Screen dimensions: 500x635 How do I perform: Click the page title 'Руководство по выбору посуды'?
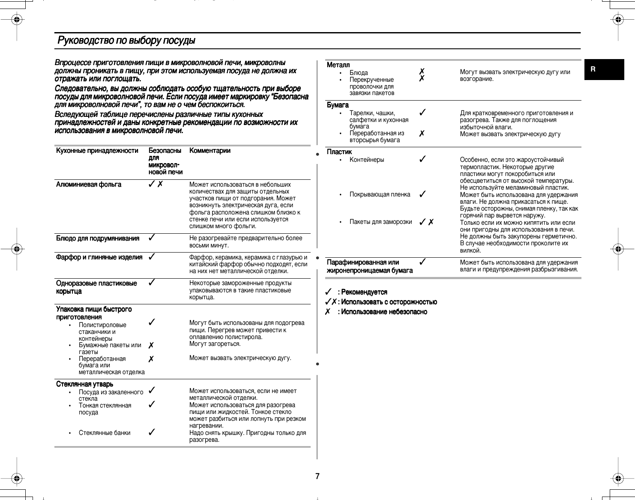coord(126,41)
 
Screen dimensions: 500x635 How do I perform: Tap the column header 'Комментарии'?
coord(210,151)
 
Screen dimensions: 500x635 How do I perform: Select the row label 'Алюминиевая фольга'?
coord(89,185)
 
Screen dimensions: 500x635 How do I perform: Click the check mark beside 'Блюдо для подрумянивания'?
coord(151,238)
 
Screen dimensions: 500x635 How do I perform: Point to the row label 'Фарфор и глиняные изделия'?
coord(99,257)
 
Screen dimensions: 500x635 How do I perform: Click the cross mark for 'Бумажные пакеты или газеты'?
coord(151,345)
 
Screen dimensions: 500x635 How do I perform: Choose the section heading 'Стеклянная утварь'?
coord(84,384)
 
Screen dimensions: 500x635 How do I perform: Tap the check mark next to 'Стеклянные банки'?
coord(151,432)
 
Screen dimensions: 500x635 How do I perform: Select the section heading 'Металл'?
coord(338,65)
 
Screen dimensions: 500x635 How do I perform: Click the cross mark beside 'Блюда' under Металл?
coord(422,71)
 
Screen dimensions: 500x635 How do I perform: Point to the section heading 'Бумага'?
coord(338,105)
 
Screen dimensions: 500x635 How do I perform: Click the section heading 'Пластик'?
coord(339,152)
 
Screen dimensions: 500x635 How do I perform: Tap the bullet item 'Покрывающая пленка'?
coord(380,194)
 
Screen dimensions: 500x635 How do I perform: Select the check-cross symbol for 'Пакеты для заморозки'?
coord(426,222)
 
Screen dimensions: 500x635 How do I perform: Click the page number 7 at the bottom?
coord(317,476)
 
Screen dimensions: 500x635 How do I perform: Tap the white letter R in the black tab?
coord(593,69)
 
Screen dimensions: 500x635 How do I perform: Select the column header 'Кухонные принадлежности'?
coord(97,151)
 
